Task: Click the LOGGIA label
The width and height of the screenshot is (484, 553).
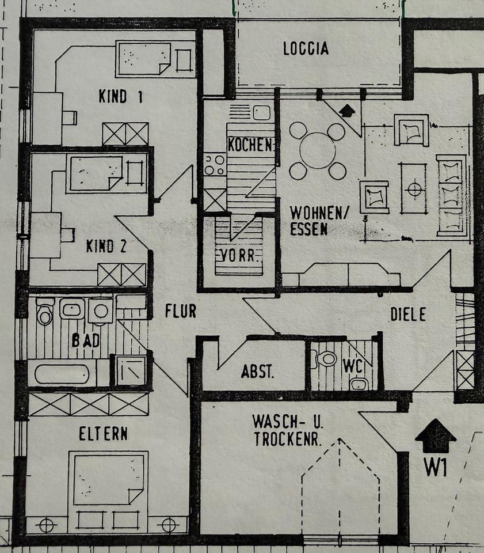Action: (x=306, y=48)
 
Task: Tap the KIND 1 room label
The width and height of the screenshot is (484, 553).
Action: (x=120, y=96)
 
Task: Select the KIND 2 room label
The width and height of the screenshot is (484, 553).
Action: (x=106, y=247)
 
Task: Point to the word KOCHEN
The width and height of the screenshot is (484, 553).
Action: (x=250, y=145)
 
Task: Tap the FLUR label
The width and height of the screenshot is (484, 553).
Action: (x=181, y=311)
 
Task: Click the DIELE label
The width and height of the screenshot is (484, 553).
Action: (x=408, y=314)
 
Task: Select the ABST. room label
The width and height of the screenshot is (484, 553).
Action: (x=257, y=372)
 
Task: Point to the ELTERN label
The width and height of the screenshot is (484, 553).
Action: (x=103, y=433)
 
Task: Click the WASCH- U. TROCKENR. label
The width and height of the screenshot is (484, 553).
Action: (x=288, y=429)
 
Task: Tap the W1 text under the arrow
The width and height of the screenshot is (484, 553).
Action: (x=436, y=466)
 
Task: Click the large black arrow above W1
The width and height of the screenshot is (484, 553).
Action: (x=436, y=435)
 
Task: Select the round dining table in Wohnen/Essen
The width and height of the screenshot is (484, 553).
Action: (x=317, y=151)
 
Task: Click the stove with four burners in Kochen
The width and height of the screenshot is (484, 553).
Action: (x=215, y=165)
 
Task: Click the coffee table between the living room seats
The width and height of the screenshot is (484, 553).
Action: (x=413, y=188)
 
